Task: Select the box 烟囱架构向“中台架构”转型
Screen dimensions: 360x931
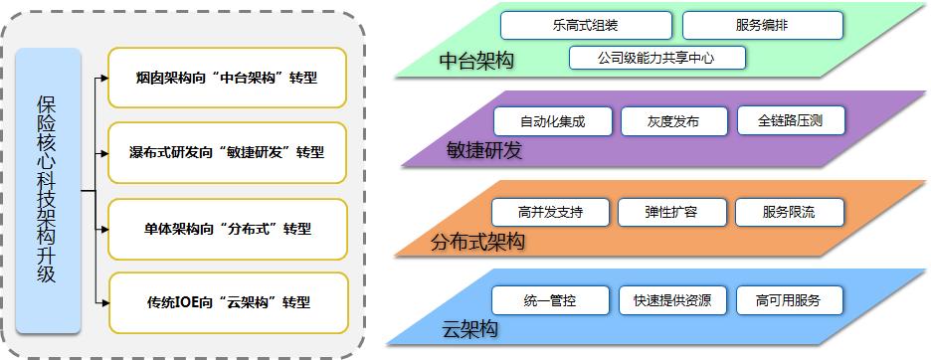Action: click(228, 77)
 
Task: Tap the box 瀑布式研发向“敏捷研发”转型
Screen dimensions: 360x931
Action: click(228, 152)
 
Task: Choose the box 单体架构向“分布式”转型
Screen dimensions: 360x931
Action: click(228, 228)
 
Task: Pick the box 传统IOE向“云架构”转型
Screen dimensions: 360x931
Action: click(228, 302)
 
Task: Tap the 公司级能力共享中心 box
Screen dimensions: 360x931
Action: click(657, 57)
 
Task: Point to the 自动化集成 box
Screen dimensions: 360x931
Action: click(552, 121)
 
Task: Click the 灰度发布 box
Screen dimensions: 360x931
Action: click(673, 121)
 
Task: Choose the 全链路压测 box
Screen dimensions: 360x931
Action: click(791, 121)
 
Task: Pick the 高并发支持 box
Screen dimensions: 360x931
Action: click(550, 212)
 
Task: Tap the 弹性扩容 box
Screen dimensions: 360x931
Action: click(671, 212)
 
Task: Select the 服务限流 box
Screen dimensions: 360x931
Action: click(790, 212)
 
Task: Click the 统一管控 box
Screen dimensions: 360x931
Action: click(550, 299)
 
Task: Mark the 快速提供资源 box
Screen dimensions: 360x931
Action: click(672, 299)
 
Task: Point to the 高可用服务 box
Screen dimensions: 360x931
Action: click(790, 299)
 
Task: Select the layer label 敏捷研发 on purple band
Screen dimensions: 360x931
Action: click(484, 150)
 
